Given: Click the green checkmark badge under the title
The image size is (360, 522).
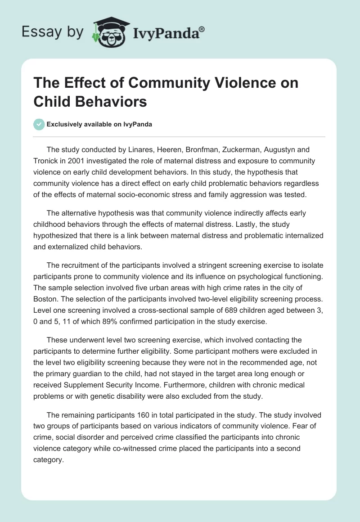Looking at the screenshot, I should coord(39,125).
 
